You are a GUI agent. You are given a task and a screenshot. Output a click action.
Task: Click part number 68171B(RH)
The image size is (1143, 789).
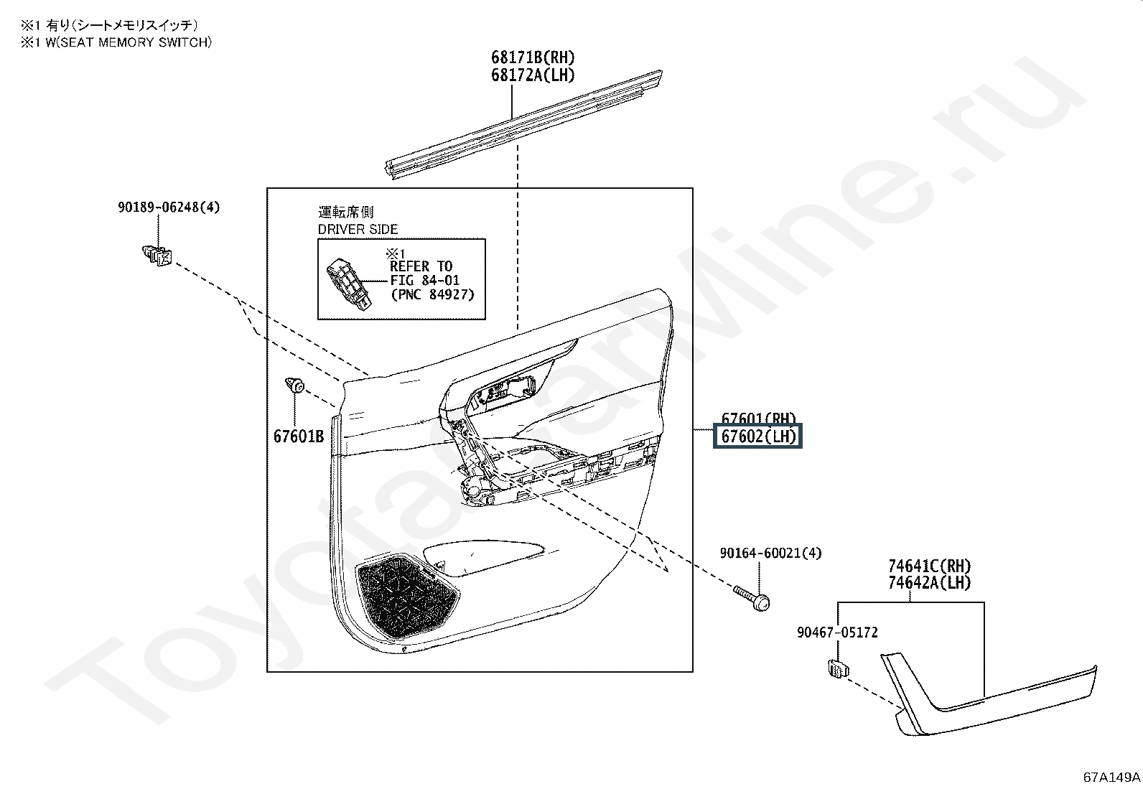[x=533, y=57]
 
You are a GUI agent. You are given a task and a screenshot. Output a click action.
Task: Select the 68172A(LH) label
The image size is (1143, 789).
[x=533, y=75]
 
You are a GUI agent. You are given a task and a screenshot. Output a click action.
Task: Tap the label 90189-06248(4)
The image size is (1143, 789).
[x=169, y=207]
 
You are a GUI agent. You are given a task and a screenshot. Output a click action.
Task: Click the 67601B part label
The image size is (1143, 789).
[x=298, y=436]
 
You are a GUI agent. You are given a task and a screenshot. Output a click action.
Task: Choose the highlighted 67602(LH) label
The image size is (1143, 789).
[x=758, y=436]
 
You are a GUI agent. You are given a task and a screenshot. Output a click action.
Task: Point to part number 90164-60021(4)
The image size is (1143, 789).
[x=760, y=553]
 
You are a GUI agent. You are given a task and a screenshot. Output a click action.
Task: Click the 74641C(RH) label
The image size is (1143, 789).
[x=929, y=566]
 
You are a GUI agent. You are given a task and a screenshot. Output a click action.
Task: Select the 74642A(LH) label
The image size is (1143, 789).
[x=929, y=584]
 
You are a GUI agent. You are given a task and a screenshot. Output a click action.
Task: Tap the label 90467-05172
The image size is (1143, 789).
[x=836, y=632]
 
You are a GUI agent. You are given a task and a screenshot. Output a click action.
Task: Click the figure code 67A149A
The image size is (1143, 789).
[x=1111, y=777]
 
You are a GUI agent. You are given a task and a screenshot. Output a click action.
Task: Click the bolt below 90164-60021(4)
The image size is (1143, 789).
[x=752, y=598]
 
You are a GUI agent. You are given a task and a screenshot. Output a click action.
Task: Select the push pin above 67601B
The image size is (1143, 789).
[x=295, y=385]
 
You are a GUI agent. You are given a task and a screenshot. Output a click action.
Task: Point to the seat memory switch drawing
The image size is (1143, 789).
[x=349, y=284]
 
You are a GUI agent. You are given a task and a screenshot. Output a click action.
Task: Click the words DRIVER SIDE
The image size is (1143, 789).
[x=358, y=230]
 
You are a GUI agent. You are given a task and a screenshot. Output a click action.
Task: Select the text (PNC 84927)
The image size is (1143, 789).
[x=432, y=294]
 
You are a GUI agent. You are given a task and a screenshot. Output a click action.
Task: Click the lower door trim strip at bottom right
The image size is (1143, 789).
[x=991, y=704]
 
